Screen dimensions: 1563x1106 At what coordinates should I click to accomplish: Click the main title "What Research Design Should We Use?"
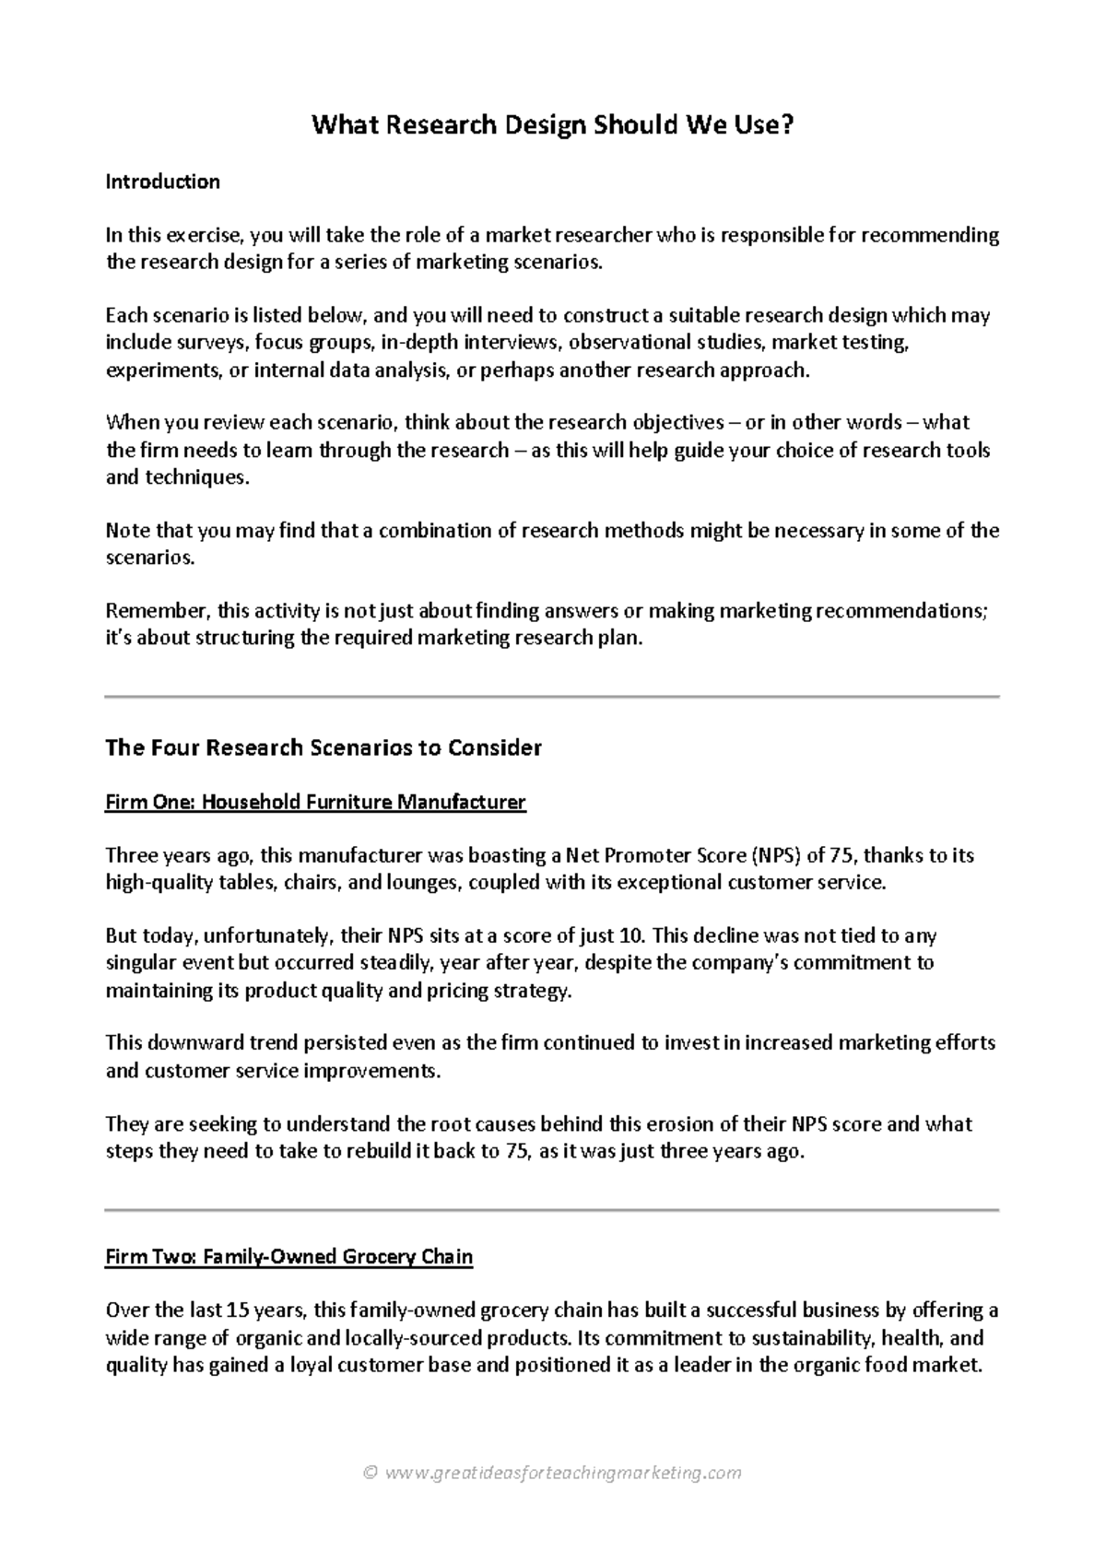(x=552, y=124)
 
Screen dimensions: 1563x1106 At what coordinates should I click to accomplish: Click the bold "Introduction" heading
(x=162, y=182)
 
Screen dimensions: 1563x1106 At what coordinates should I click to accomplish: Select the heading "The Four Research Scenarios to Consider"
(x=324, y=747)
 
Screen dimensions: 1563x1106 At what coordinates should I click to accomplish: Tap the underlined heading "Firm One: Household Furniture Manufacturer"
(x=315, y=802)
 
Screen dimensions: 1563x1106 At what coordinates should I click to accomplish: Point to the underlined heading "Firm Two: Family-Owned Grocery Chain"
(x=288, y=1257)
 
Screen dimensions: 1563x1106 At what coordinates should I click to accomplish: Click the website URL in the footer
(x=563, y=1473)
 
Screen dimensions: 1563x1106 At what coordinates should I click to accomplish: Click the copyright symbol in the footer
(x=371, y=1473)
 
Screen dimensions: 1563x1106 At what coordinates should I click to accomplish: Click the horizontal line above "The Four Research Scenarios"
(x=552, y=698)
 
